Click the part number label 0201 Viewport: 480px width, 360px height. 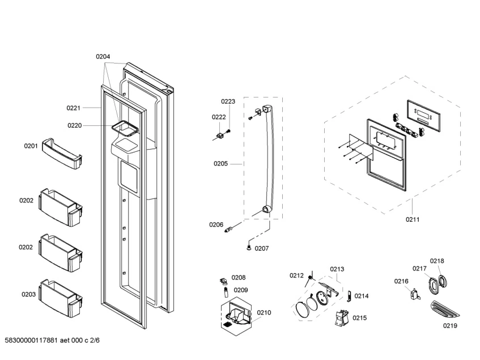(31, 146)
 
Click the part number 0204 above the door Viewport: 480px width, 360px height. (103, 57)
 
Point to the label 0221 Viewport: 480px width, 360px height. (74, 107)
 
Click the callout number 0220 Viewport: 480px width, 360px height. (75, 125)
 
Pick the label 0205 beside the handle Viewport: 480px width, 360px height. (220, 164)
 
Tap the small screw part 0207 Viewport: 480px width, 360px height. (249, 246)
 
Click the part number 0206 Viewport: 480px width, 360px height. (216, 225)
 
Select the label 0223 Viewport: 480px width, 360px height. (228, 101)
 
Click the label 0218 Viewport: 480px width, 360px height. (436, 261)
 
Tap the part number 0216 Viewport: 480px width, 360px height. (401, 281)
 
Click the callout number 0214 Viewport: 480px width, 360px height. (362, 296)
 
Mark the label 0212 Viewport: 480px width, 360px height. (297, 276)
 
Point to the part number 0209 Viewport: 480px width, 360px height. (241, 290)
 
